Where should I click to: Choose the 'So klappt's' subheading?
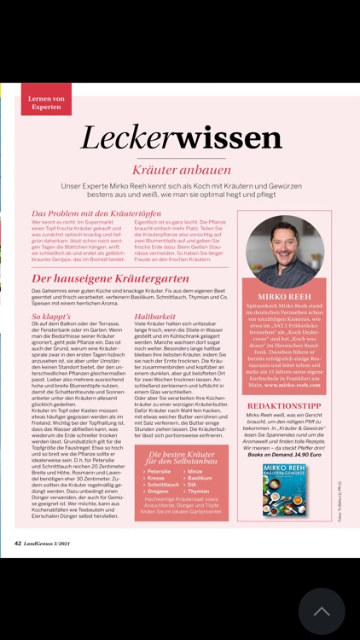[x=51, y=316]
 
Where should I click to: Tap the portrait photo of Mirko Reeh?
[x=285, y=251]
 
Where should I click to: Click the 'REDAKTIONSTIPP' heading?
[x=285, y=406]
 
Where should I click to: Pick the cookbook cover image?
[x=285, y=490]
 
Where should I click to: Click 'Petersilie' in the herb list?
[x=160, y=471]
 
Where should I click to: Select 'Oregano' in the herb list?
[x=158, y=492]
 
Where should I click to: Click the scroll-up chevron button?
[x=322, y=611]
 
